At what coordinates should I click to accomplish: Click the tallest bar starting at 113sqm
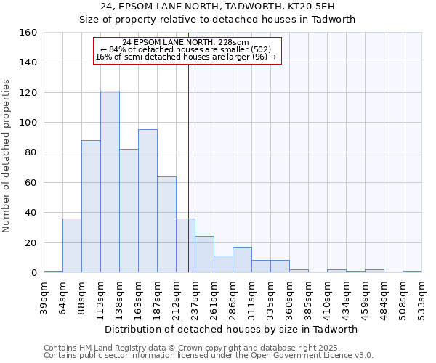pyautogui.click(x=110, y=181)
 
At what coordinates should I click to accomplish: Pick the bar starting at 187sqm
pyautogui.click(x=166, y=224)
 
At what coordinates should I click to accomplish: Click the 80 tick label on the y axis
pyautogui.click(x=31, y=152)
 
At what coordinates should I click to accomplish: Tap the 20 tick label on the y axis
pyautogui.click(x=31, y=242)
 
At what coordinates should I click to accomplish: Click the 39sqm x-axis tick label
pyautogui.click(x=44, y=295)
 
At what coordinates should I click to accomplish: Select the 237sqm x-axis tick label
pyautogui.click(x=195, y=295)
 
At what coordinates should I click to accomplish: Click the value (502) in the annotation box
pyautogui.click(x=260, y=49)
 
